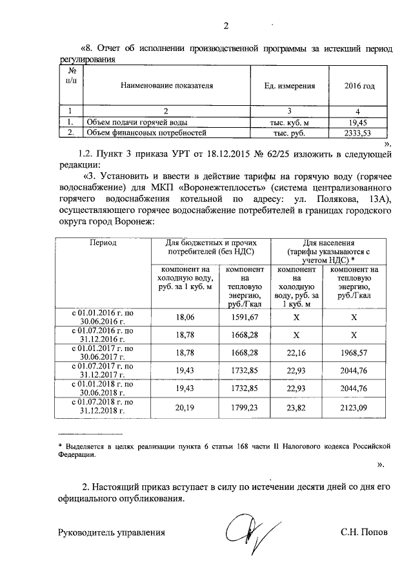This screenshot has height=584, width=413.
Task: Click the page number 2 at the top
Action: (227, 26)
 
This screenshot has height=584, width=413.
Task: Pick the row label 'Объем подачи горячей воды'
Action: (128, 122)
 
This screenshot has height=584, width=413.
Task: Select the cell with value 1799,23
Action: (245, 407)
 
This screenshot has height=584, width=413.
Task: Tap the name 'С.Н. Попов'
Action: (365, 533)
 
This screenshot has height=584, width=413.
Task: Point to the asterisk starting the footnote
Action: (60, 446)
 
